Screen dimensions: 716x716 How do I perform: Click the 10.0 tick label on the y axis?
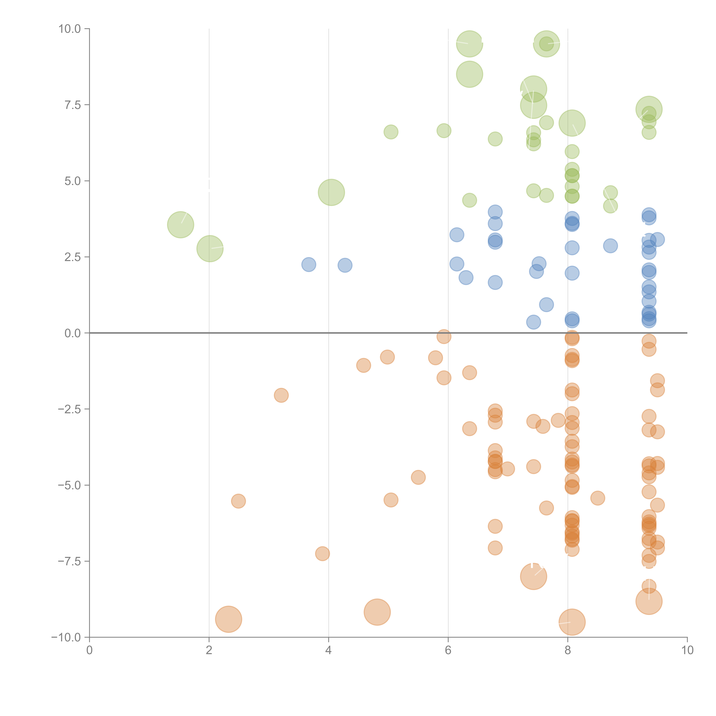[x=70, y=29]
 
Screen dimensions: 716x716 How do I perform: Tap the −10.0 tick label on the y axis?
[x=67, y=637]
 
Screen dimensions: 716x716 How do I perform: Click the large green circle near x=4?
[x=331, y=192]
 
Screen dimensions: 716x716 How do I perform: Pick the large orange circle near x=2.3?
[x=229, y=619]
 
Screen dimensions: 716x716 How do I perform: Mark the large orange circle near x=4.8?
[x=377, y=612]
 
